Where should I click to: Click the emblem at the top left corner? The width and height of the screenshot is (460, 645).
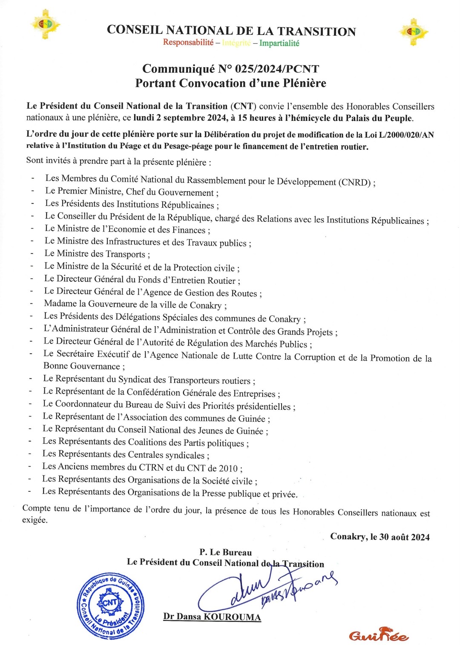point(46,24)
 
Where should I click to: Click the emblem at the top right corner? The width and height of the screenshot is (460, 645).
point(413,31)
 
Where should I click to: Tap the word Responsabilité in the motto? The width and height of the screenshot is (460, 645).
point(188,43)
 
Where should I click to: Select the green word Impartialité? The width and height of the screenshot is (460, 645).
point(279,43)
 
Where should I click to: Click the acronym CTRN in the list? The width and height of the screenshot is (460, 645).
point(151,467)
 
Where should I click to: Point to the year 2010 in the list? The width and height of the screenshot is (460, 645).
point(228,468)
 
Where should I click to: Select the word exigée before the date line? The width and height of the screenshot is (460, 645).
point(34,520)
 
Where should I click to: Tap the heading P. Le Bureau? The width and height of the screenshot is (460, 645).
point(226,552)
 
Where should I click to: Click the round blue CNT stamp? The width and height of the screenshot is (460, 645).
point(111,605)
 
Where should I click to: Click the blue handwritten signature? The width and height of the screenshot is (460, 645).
point(264,589)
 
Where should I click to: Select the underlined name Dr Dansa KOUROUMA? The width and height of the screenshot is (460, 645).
point(212,616)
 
